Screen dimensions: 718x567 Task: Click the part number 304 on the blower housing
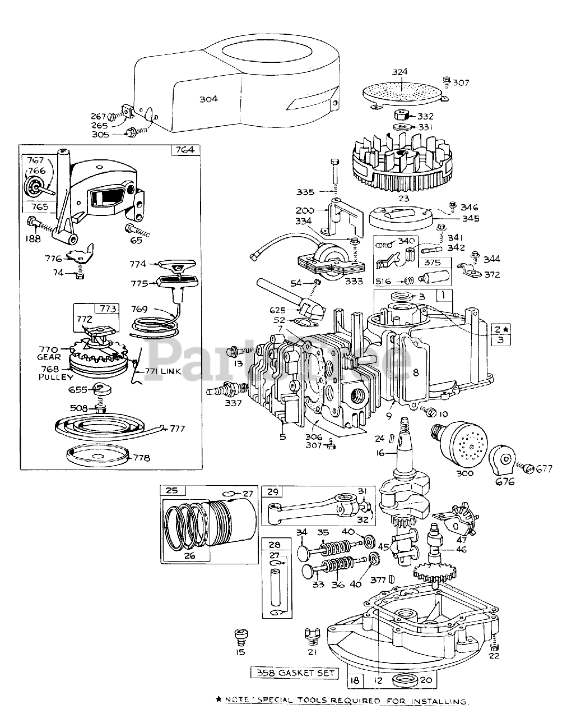tap(208, 99)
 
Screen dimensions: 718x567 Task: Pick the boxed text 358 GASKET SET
tap(295, 673)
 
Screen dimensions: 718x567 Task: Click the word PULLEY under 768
tap(53, 377)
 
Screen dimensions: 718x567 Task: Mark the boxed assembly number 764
tap(184, 150)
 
